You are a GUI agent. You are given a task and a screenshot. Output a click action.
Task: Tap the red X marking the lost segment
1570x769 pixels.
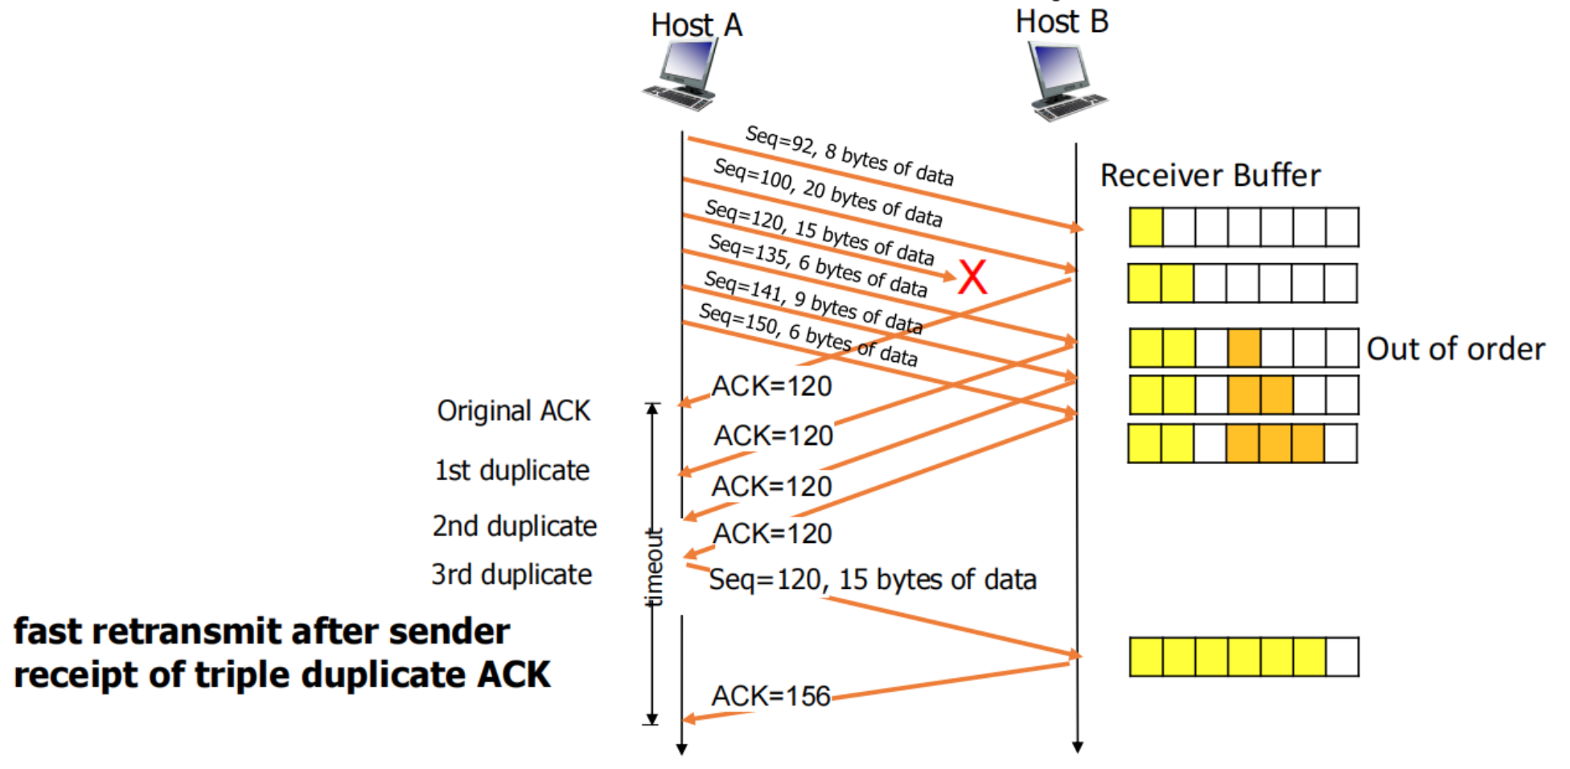point(972,278)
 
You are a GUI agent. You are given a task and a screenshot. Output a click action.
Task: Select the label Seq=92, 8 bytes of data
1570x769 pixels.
point(849,155)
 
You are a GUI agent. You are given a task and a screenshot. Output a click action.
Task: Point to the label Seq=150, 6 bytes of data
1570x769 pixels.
point(808,335)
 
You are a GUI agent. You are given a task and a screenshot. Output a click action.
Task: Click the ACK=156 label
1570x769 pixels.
point(771,696)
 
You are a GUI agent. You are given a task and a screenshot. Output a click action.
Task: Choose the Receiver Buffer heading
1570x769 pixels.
point(1210,175)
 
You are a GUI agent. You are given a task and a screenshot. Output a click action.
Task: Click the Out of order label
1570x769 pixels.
point(1456,349)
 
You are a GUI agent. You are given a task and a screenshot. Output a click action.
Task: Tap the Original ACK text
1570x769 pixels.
point(513,411)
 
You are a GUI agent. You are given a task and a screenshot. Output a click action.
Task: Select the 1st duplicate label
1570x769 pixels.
point(512,471)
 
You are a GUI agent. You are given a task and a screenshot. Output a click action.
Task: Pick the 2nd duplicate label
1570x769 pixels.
point(515,526)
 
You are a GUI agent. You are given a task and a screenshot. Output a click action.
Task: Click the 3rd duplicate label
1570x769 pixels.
point(512,575)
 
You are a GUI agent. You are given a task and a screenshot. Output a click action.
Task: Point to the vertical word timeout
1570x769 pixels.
point(654,567)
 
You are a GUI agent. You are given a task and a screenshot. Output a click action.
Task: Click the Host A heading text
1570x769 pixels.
point(697,25)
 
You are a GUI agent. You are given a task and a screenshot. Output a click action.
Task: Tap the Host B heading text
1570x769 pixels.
point(1062,22)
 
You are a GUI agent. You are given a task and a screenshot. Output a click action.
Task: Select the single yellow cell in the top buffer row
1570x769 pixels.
point(1146,227)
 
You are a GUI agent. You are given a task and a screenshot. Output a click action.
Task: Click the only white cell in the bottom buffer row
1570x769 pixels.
point(1342,656)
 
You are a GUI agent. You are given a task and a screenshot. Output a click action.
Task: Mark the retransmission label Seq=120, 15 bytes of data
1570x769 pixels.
point(873,580)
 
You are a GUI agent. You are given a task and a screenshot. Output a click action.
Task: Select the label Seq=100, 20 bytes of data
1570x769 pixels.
point(828,192)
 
